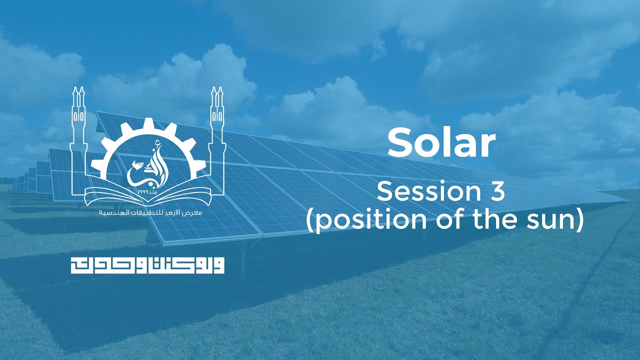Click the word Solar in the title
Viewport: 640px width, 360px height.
pos(441,142)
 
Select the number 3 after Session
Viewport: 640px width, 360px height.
pos(497,191)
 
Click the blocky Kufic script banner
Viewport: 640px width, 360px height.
pos(147,265)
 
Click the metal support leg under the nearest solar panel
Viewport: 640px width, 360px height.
pos(243,260)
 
